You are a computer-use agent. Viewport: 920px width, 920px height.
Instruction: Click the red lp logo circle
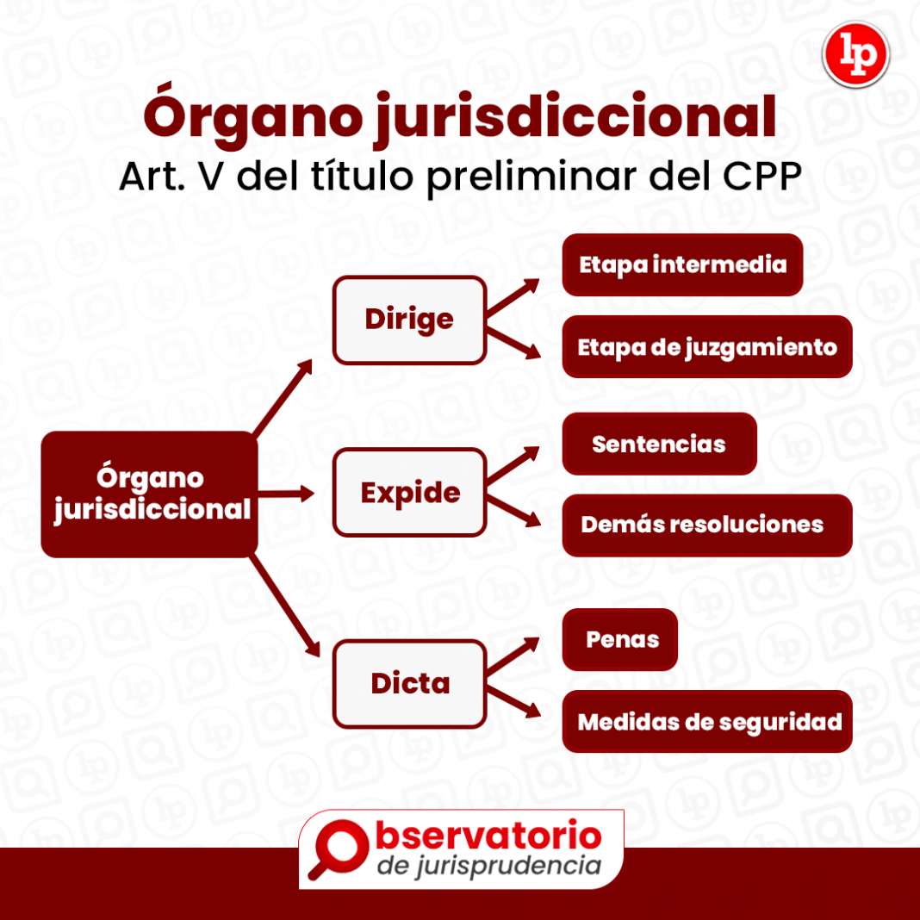pos(855,55)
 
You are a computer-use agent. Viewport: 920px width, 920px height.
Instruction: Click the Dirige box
pos(409,320)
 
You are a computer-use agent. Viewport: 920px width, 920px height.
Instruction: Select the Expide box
pos(409,493)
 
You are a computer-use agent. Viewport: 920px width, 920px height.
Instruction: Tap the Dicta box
pos(409,684)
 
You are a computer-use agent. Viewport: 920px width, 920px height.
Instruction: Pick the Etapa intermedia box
pos(682,264)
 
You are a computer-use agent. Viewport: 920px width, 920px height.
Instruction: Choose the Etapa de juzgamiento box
pos(706,347)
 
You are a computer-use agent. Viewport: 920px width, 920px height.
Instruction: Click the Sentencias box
pos(659,444)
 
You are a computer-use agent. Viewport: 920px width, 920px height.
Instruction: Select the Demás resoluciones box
pos(706,525)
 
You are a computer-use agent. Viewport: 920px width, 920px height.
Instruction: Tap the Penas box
pos(620,639)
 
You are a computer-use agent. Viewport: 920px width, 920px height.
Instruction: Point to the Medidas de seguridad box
pos(706,722)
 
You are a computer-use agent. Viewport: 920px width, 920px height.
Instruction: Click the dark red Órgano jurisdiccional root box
pos(149,494)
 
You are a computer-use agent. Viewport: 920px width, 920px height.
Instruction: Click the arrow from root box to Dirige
pos(283,397)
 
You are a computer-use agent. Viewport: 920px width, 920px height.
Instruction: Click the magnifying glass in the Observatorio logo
pos(336,845)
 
